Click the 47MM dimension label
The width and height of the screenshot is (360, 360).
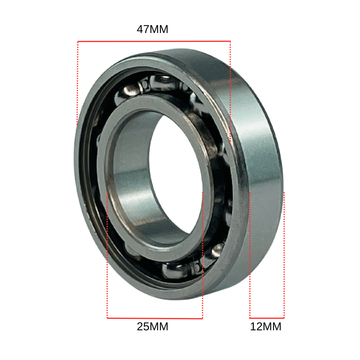tap(152, 29)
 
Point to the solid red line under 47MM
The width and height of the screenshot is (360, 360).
tap(154, 41)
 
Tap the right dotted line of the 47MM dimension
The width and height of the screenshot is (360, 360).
tap(230, 91)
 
